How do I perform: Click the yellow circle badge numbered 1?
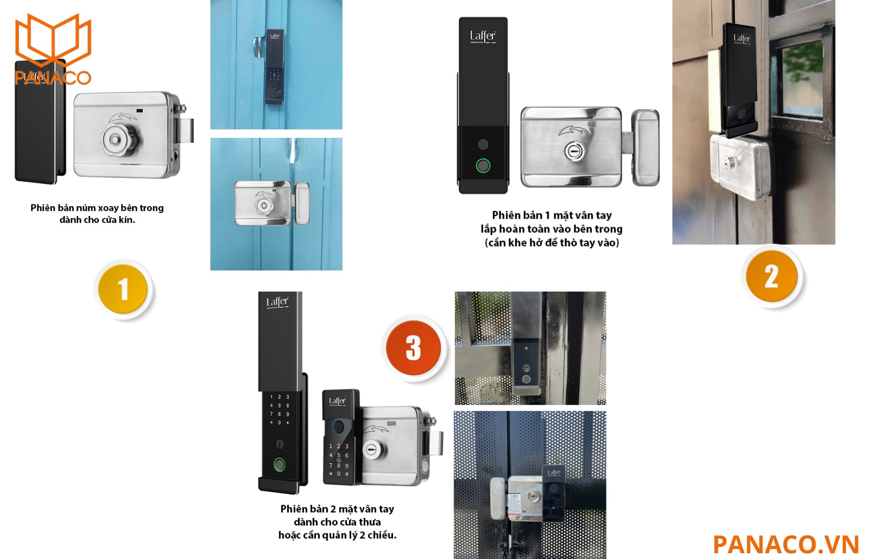(123, 289)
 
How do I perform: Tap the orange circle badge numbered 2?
(772, 276)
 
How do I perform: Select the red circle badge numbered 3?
(414, 348)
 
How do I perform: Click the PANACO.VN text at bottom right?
(786, 544)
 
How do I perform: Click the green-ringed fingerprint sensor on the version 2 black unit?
(483, 166)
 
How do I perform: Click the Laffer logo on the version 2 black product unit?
(482, 36)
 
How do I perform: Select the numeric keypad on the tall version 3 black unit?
(279, 410)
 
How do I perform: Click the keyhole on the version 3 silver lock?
(372, 450)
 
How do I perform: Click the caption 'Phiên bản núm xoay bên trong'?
(97, 208)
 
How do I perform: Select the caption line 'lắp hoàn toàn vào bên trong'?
(551, 229)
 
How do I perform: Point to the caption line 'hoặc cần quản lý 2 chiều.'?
(337, 535)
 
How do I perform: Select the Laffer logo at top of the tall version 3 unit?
(277, 302)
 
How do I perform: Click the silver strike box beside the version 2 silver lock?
(645, 147)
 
